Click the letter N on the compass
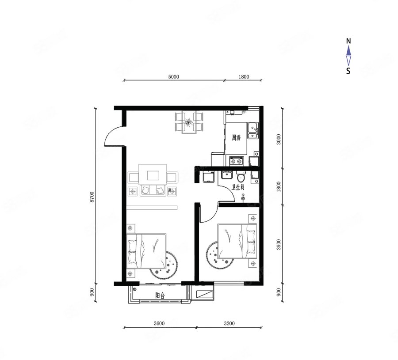pos(348,41)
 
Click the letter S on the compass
pos(348,71)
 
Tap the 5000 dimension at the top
pos(174,77)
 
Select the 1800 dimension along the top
pos(244,77)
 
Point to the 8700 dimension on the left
pos(92,197)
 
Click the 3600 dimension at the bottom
pos(159,323)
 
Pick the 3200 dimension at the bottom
pos(229,323)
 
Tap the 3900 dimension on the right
pos(279,244)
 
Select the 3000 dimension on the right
pos(279,139)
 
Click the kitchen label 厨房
pos(236,138)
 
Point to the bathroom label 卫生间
pos(238,187)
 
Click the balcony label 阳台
pos(160,296)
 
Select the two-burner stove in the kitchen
pos(236,161)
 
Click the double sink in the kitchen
pos(253,131)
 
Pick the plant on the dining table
pos(188,122)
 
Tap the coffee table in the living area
pos(153,174)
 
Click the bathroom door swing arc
pos(230,192)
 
